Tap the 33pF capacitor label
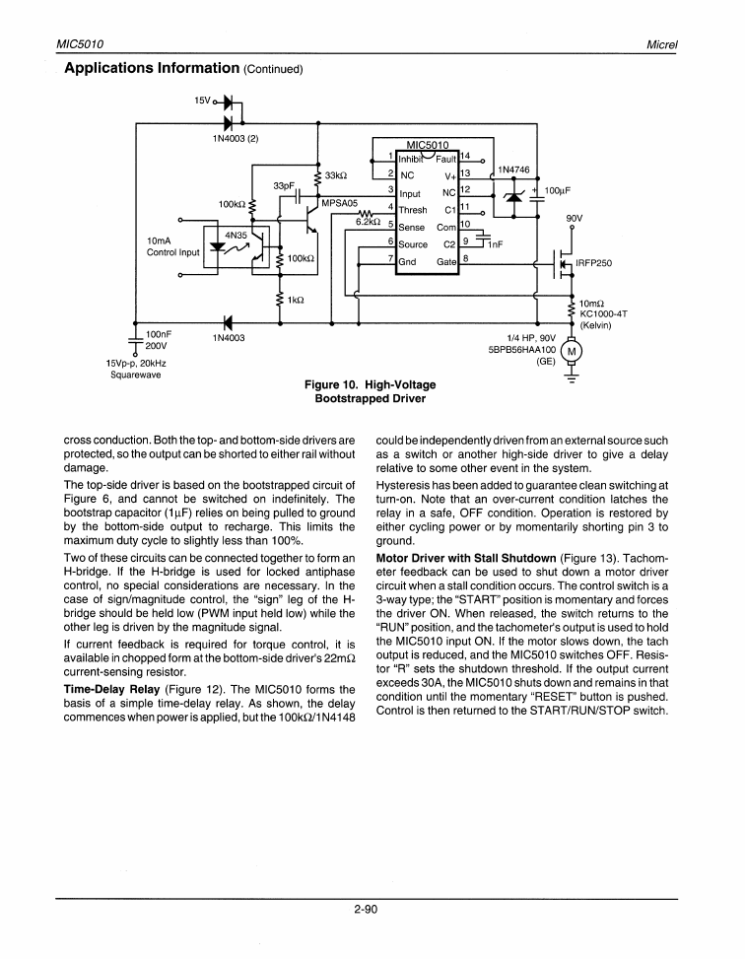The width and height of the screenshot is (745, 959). (285, 185)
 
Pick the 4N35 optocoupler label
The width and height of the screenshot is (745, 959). (237, 235)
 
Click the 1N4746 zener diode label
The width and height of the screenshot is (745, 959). (514, 170)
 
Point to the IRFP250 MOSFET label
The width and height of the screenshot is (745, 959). (593, 263)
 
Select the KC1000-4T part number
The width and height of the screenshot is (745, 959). (604, 313)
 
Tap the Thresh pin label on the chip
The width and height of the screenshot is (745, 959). (413, 209)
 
